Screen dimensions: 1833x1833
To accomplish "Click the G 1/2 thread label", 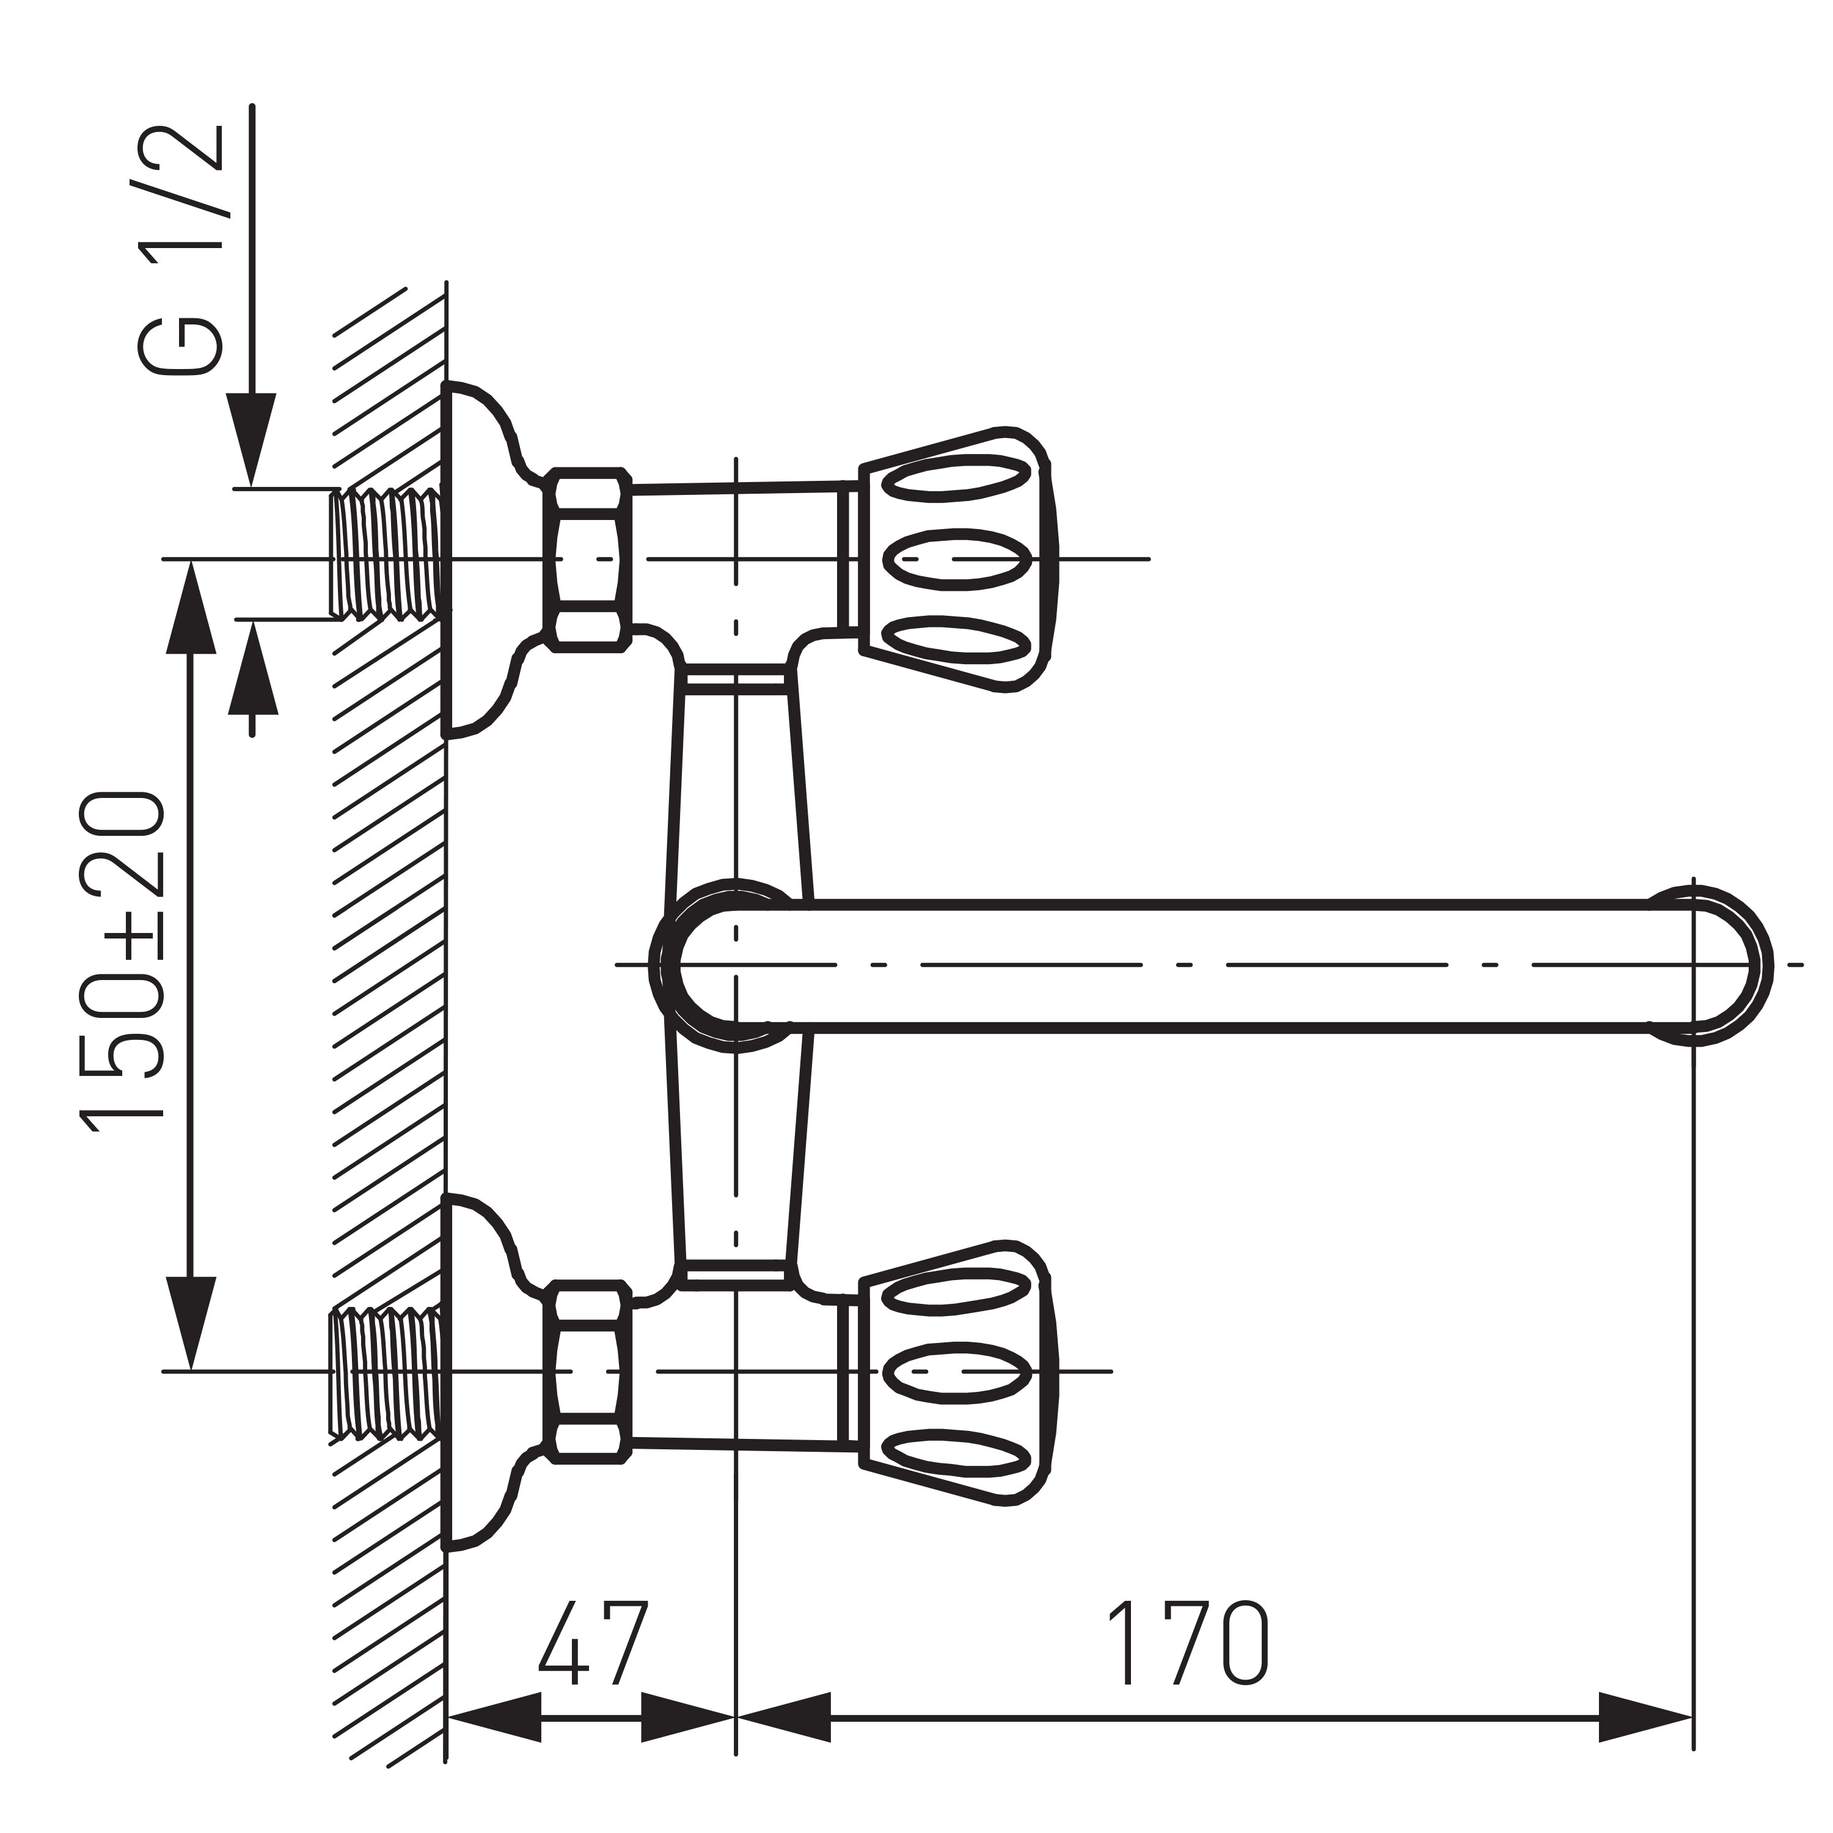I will pos(180,251).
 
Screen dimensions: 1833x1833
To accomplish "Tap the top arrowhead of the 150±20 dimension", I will pos(191,607).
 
